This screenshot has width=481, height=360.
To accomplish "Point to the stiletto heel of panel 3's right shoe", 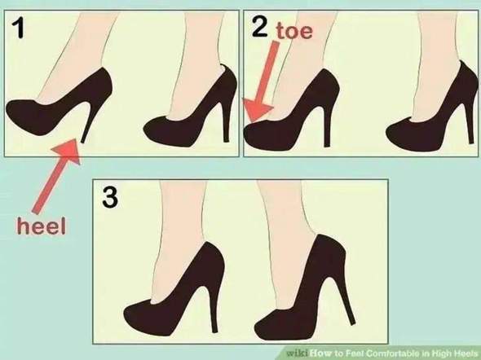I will (x=346, y=301).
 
